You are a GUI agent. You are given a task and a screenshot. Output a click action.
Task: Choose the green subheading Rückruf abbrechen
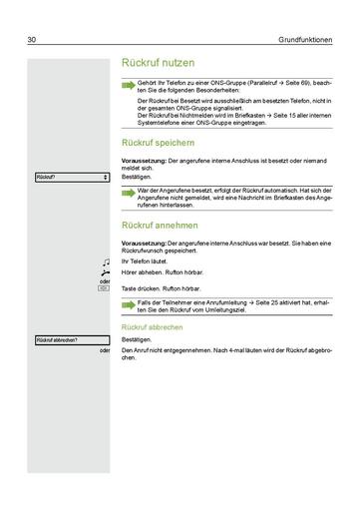[x=151, y=327]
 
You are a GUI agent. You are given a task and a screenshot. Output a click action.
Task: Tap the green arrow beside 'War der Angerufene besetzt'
[x=128, y=190]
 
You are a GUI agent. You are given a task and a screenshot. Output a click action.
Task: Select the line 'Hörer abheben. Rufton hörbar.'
[x=163, y=271]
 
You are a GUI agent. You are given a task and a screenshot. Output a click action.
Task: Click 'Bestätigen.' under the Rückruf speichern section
[x=137, y=176]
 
